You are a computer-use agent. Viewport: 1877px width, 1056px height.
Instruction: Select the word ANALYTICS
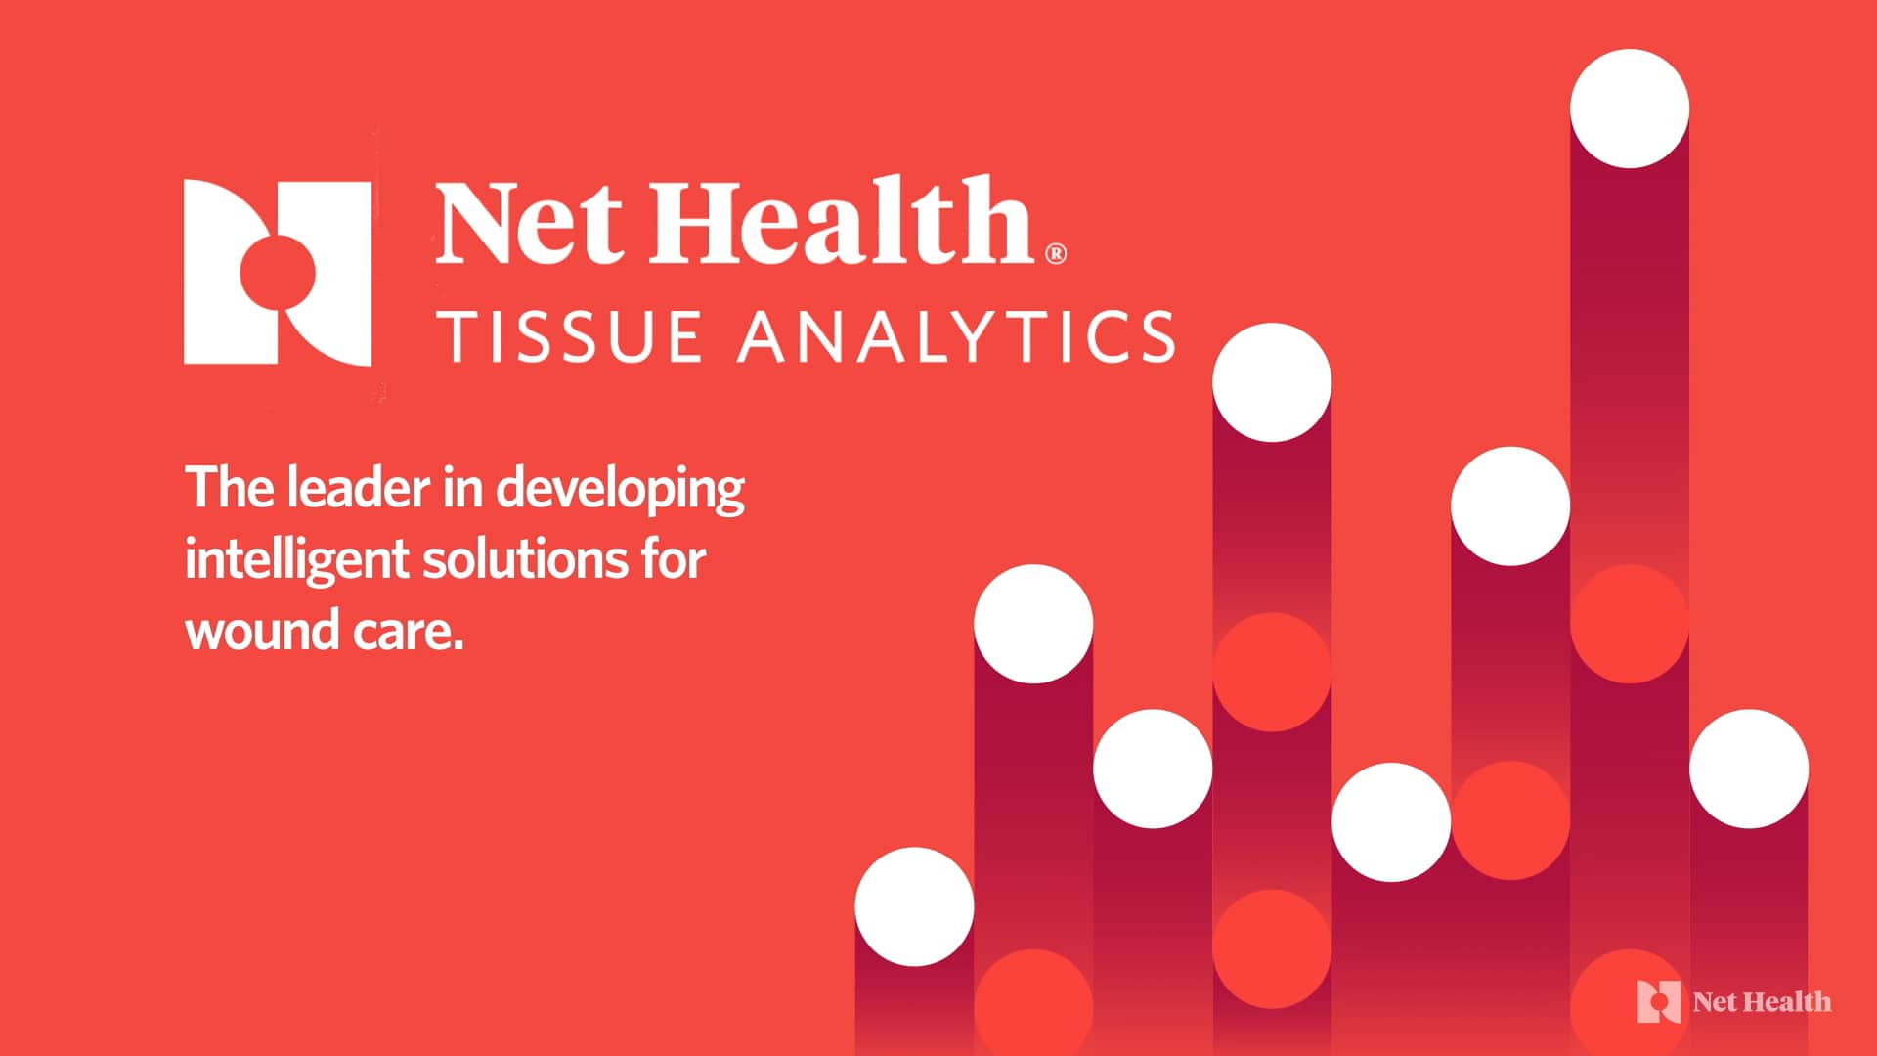pos(956,336)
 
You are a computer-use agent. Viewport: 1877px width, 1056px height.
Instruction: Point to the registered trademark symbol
pos(1056,253)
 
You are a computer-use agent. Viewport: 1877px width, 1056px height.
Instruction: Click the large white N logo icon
pos(278,273)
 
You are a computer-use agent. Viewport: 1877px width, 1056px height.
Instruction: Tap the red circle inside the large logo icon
pos(278,273)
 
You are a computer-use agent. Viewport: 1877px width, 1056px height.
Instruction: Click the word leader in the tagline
pos(359,488)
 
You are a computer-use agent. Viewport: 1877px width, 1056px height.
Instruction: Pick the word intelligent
pos(296,561)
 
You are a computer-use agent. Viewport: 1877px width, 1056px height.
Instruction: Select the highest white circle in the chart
pos(1630,109)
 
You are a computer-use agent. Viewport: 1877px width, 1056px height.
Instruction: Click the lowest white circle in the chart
pos(914,906)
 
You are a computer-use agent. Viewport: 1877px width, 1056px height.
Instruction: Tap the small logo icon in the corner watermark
pos(1659,1001)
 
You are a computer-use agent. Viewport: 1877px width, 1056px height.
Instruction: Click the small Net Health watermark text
pos(1762,1002)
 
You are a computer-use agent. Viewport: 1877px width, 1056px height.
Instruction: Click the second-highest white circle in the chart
pos(1272,382)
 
